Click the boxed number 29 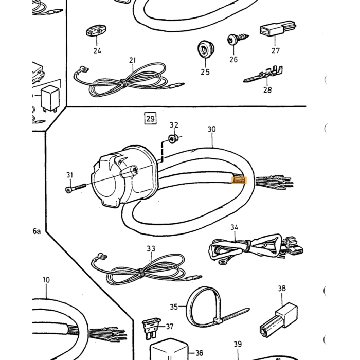click(x=150, y=118)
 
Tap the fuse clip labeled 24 click(x=96, y=31)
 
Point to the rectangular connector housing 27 click(x=278, y=28)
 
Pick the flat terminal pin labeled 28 click(x=263, y=74)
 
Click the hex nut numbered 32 click(x=172, y=139)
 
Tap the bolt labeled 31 click(x=75, y=188)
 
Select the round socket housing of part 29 click(x=124, y=176)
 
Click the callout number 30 click(x=212, y=129)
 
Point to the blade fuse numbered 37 click(x=151, y=329)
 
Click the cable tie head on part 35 click(x=218, y=320)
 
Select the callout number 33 click(x=151, y=249)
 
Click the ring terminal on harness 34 click(x=222, y=261)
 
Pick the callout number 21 click(x=133, y=60)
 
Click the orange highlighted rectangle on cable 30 click(x=239, y=180)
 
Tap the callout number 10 click(x=46, y=280)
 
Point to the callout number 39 click(x=238, y=344)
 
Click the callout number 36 click(x=199, y=353)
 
